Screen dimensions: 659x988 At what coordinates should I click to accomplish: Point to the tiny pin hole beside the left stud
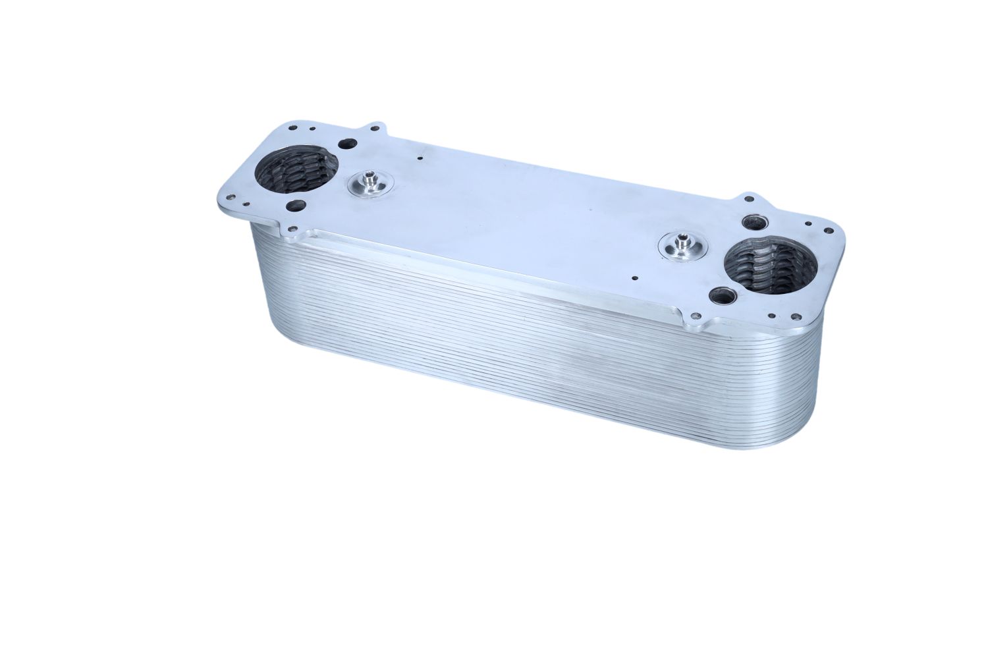(x=419, y=158)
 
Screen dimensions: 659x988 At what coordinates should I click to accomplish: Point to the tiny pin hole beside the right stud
(x=633, y=279)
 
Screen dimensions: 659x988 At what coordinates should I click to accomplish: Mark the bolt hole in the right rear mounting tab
(x=751, y=198)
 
